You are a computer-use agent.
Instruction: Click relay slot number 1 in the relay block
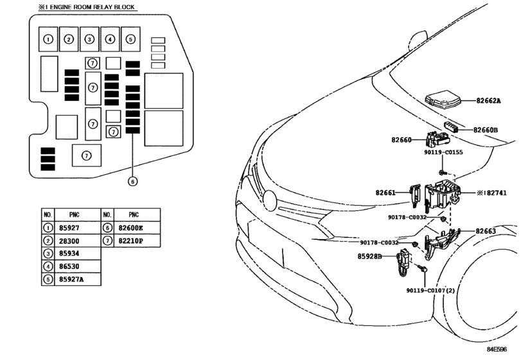48,39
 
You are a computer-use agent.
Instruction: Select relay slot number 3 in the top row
89,39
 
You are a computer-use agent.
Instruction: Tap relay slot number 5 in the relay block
130,39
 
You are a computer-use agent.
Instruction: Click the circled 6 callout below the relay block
132,181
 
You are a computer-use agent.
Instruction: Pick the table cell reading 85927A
71,279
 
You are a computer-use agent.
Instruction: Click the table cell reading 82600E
130,228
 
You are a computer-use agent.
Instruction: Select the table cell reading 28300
69,241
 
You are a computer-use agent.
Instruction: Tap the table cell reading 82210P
130,241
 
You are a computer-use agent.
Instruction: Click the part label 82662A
488,100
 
